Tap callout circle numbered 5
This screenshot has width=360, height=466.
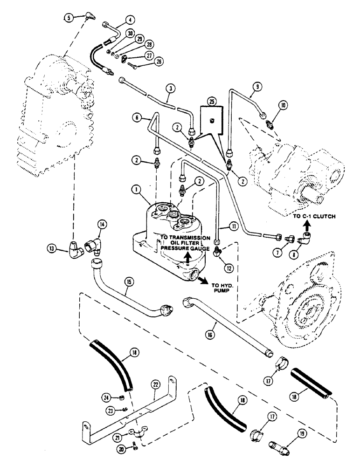pos(69,18)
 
